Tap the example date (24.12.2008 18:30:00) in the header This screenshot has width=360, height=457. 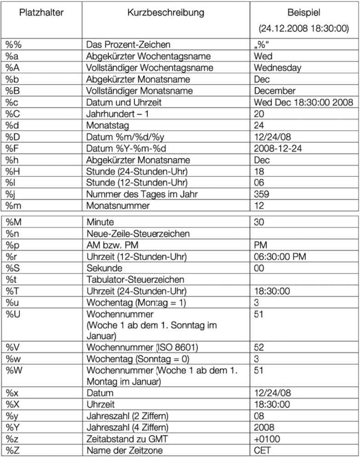click(303, 29)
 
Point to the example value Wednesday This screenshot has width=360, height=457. click(277, 68)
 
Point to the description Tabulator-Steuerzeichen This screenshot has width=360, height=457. click(135, 279)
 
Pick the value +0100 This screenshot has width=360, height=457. click(265, 438)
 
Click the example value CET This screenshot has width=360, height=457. click(262, 449)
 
